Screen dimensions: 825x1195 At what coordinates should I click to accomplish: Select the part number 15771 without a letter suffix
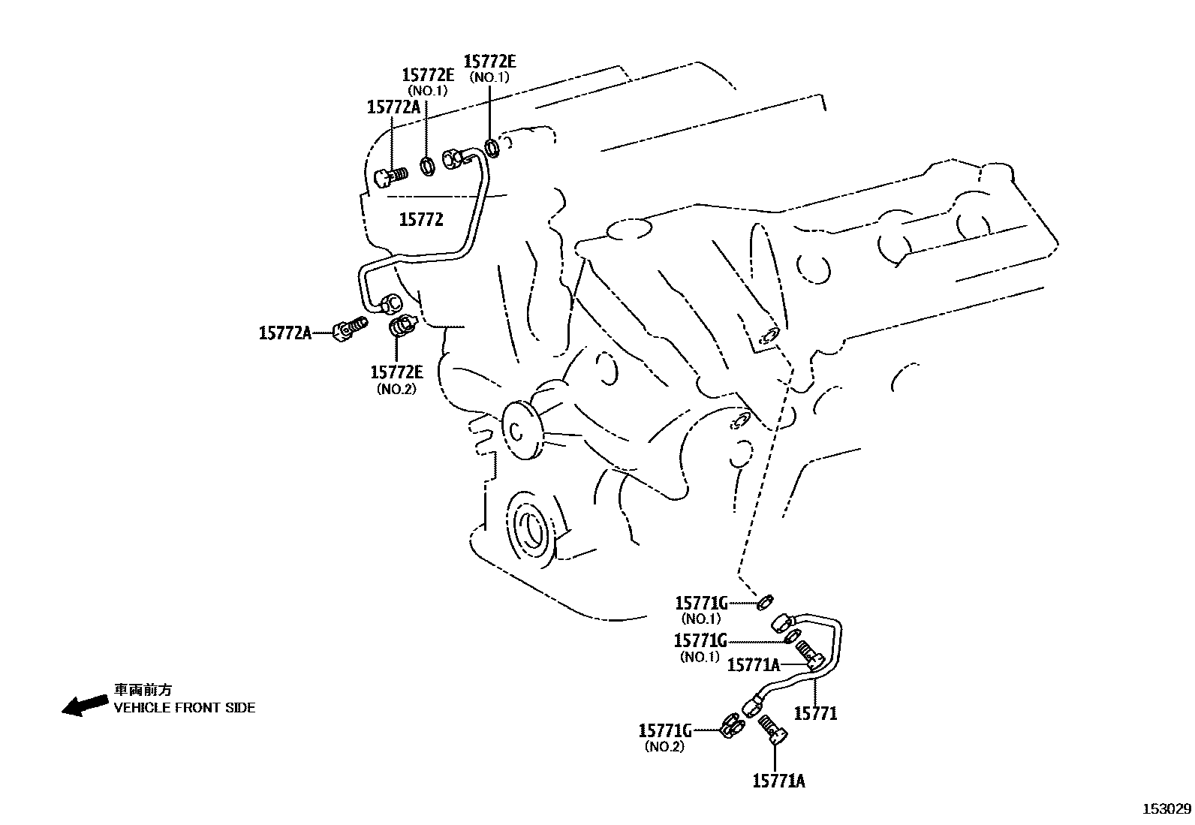[x=814, y=713]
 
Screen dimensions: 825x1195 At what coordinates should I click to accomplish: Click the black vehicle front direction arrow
[x=84, y=705]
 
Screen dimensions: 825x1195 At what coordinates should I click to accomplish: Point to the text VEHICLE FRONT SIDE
[x=184, y=707]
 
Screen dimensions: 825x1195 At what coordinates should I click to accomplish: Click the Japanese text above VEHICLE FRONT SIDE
[x=143, y=690]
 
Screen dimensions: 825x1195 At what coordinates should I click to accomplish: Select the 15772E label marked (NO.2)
[x=396, y=372]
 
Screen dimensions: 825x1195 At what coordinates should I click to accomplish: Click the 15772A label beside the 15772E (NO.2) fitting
[x=284, y=332]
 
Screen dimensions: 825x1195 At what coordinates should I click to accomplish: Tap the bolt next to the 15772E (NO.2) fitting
[x=351, y=329]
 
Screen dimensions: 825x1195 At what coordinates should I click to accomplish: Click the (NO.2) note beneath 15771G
[x=664, y=747]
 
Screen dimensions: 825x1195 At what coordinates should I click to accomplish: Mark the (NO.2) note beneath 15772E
[x=396, y=389]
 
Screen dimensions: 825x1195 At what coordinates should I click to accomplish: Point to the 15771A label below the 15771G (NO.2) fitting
[x=778, y=781]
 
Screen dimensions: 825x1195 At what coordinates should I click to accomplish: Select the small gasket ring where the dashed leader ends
[x=765, y=601]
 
